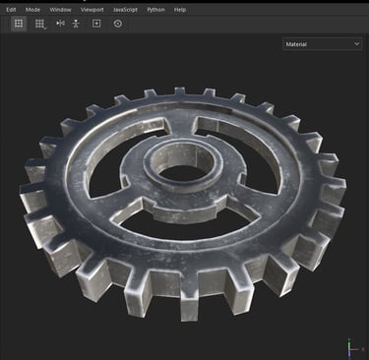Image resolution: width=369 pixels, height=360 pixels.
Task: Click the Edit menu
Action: coord(11,10)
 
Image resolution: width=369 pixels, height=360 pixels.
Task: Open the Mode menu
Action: coord(32,10)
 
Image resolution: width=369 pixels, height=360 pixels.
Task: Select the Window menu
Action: coord(60,10)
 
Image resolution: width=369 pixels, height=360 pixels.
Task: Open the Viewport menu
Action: coord(92,10)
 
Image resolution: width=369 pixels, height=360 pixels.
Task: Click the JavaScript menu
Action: coord(125,10)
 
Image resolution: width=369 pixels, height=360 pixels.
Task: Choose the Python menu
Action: coord(155,10)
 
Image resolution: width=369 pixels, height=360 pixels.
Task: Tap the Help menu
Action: coord(180,10)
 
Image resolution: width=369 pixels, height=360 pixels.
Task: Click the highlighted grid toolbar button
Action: coord(19,24)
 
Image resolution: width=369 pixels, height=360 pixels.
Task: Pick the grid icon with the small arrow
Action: coord(40,24)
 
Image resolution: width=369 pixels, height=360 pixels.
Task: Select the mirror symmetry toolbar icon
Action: coord(61,24)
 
